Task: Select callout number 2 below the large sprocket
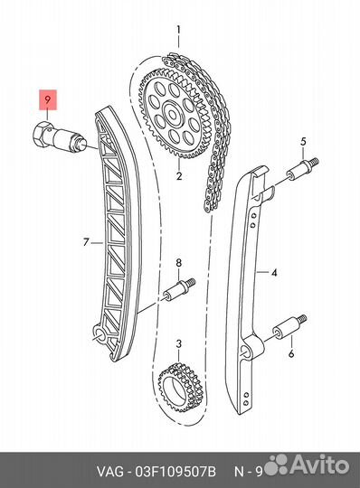pyautogui.click(x=179, y=176)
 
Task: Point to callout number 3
pyautogui.click(x=179, y=344)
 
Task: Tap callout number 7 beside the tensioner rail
pyautogui.click(x=179, y=263)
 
